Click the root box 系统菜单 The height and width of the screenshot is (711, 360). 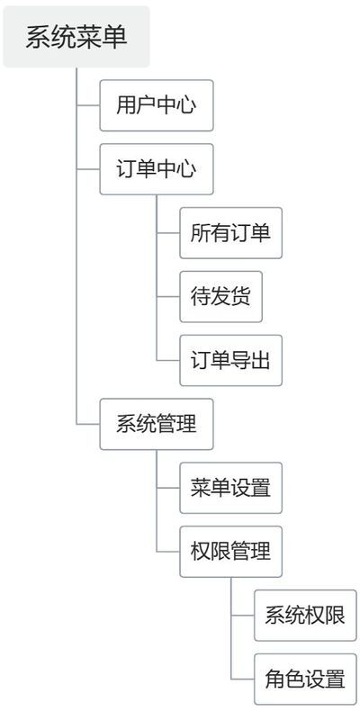tap(76, 37)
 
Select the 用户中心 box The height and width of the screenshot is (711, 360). tap(157, 105)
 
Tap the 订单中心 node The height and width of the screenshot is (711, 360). tap(157, 169)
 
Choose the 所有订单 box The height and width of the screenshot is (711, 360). tap(230, 233)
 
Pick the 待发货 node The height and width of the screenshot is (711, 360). tap(220, 297)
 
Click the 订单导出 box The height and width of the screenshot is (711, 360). tap(230, 361)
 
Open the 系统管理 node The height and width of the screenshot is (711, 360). tap(157, 425)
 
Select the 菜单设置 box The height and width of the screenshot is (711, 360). tap(230, 488)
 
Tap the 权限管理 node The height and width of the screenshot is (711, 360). tap(230, 552)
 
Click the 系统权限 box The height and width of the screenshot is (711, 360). tap(305, 616)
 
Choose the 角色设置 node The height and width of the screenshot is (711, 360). tap(305, 679)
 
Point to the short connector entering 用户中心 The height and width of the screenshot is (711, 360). tap(88, 105)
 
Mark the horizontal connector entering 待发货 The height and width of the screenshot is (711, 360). tap(168, 297)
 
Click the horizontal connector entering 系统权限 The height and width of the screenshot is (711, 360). tap(243, 616)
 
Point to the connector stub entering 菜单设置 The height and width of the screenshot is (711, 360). tap(168, 488)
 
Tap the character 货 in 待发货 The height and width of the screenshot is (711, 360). tap(241, 297)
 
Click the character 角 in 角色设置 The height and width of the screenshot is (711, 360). tap(275, 679)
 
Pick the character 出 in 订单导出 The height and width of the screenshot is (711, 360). tap(261, 361)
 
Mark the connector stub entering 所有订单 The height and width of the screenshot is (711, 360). tap(168, 233)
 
